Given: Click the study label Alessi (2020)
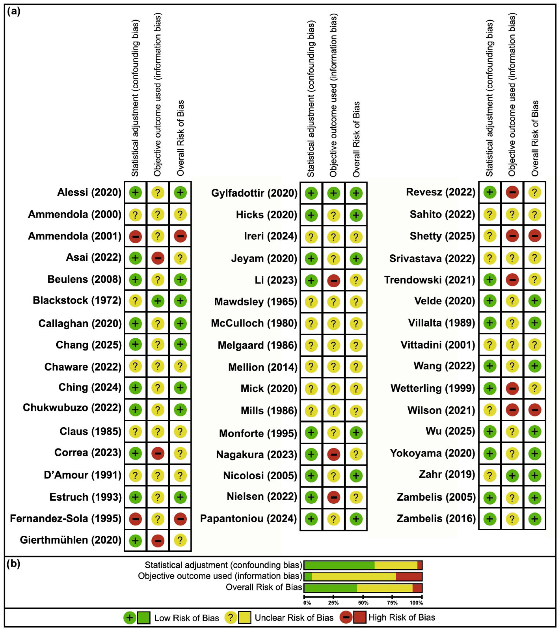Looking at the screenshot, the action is tap(89, 192).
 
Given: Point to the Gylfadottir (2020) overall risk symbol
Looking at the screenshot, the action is tap(356, 193).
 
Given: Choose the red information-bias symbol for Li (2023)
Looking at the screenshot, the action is tap(334, 281).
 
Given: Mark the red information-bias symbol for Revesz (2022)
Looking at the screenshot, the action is tap(512, 192).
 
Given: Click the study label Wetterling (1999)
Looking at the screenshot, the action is tap(433, 388).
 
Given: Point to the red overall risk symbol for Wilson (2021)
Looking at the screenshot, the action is tap(535, 410).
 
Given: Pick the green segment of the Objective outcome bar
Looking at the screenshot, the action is tap(308, 577).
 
